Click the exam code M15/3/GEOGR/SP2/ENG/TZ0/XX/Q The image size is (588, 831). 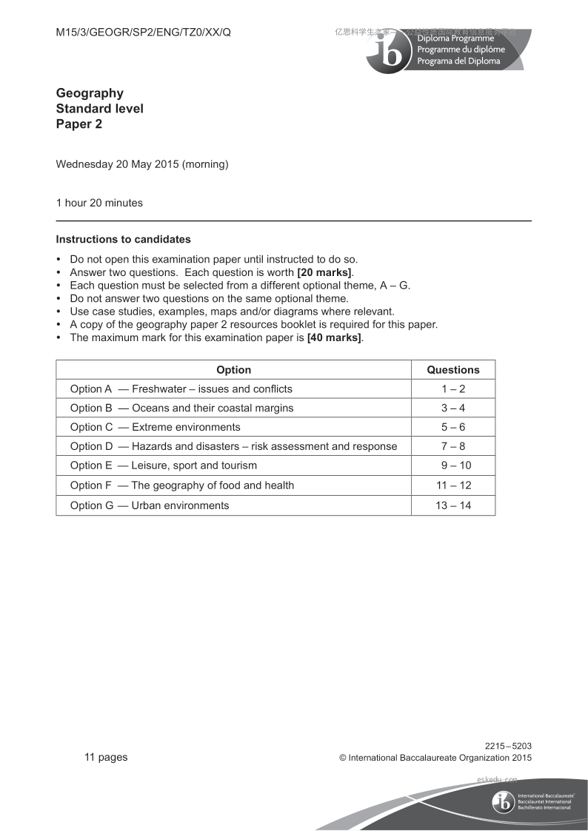[144, 33]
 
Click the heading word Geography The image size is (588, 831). [90, 93]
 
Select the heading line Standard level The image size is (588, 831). [100, 109]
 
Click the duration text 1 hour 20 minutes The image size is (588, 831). [99, 203]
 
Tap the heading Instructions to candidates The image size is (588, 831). [123, 240]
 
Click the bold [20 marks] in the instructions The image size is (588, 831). [324, 272]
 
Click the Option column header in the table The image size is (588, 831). [233, 370]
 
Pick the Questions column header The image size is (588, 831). [453, 370]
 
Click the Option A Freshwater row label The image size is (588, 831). [181, 389]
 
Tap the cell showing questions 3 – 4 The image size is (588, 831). [453, 408]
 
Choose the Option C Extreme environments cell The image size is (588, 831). [156, 428]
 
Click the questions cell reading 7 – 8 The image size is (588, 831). [453, 447]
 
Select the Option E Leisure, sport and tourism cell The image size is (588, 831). [164, 466]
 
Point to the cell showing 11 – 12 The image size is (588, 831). [453, 485]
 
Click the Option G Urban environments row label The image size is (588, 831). [150, 506]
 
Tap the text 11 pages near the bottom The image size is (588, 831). [106, 757]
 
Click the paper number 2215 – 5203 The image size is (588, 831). [508, 746]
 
